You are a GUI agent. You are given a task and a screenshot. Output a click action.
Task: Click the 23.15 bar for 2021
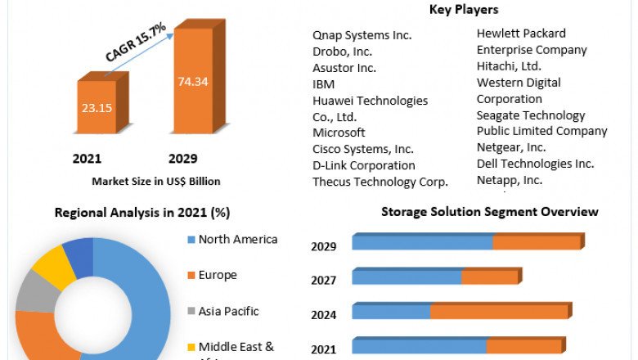97,106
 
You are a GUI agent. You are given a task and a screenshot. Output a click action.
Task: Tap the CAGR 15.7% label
135,43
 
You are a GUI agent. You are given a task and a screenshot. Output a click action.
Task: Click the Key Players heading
464,10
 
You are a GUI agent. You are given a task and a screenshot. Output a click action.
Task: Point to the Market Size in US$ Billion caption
155,181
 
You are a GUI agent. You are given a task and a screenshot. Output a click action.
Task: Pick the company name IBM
324,83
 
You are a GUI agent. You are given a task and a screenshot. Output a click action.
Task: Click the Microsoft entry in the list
339,133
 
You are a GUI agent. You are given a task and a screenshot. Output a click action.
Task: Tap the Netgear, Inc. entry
511,147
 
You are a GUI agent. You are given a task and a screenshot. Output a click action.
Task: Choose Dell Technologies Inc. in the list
535,164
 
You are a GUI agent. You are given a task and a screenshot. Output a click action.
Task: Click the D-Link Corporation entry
364,165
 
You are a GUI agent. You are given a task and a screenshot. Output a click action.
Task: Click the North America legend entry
238,240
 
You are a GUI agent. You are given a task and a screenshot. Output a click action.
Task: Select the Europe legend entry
218,275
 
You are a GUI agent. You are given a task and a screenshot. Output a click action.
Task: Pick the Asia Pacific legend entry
228,311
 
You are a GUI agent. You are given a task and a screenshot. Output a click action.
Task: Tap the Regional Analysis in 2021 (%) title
142,213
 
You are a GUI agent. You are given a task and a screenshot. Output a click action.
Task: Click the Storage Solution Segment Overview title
489,212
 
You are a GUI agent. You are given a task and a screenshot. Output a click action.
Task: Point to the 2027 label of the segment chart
324,280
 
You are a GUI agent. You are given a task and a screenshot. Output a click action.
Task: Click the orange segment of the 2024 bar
499,312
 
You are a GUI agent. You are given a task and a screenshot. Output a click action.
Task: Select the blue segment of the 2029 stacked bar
422,242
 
